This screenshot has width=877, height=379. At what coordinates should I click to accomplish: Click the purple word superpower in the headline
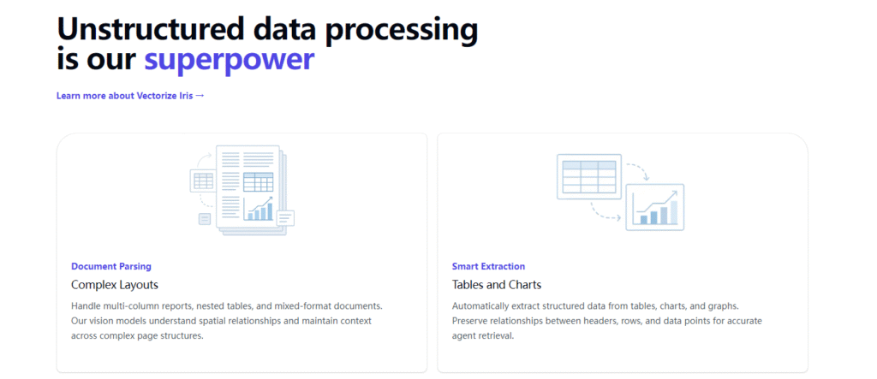coord(230,61)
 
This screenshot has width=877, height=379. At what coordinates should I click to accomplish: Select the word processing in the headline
coord(403,31)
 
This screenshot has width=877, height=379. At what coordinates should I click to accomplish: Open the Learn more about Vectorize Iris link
coord(130,96)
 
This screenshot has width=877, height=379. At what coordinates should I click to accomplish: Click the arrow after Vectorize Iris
coord(200,96)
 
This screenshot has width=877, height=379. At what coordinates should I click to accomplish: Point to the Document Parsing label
coord(111,267)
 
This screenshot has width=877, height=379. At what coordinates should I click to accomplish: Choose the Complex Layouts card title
coord(115,285)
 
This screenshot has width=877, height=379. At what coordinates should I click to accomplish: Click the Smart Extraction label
coord(488,267)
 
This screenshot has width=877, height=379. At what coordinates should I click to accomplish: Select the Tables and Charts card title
coord(497,285)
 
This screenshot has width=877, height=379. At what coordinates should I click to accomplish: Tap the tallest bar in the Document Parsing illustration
coord(270,211)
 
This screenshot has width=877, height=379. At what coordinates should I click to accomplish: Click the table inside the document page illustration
coord(259,182)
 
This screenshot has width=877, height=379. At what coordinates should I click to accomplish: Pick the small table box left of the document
coord(202,181)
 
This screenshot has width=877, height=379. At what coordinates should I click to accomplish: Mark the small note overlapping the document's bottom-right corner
coord(285,217)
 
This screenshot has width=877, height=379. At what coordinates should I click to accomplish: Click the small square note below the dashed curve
coord(205,219)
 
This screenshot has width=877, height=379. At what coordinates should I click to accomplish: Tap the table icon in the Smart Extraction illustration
coord(589,176)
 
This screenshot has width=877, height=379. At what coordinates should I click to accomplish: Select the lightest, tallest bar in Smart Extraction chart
coord(674,212)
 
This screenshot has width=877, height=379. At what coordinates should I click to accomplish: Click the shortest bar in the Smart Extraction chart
coord(644,220)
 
